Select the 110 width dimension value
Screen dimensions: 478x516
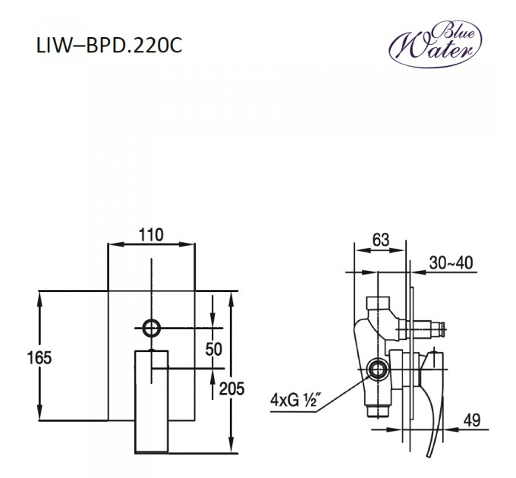(x=152, y=235)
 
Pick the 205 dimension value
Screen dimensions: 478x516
(x=231, y=388)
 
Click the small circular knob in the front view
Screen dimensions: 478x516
(x=152, y=328)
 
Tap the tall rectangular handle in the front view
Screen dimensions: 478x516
(x=151, y=401)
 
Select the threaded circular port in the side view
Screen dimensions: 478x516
(x=376, y=371)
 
